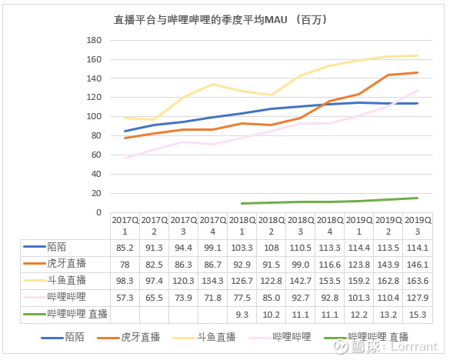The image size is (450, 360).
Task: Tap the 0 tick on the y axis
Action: [x=98, y=212]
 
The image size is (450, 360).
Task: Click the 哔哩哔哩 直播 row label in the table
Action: [x=78, y=315]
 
